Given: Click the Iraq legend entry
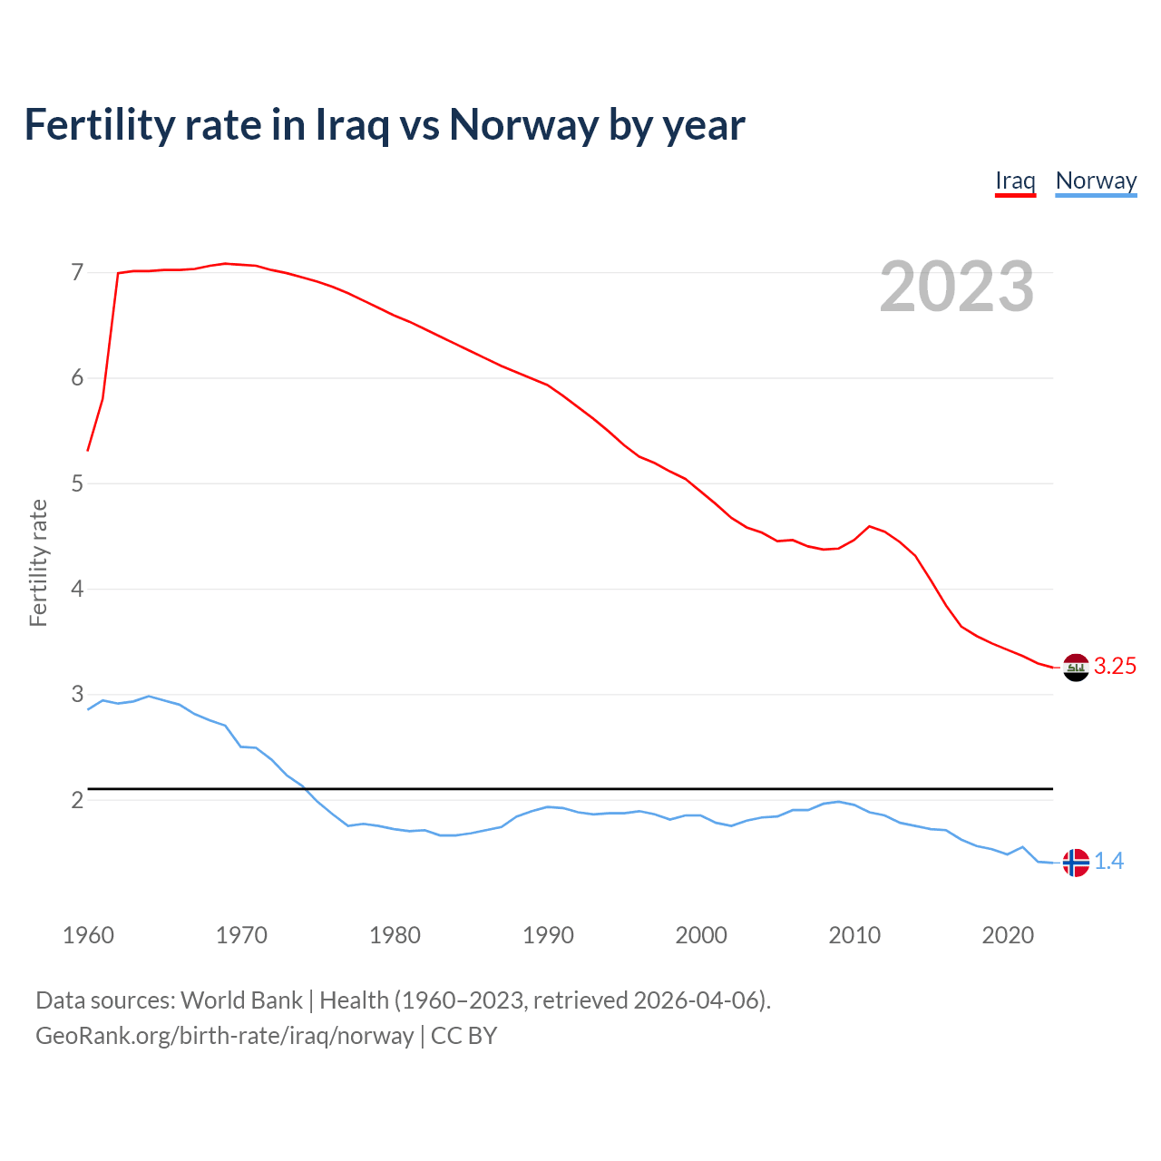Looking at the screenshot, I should [x=1015, y=180].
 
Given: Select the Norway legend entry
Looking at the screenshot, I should [x=1096, y=180].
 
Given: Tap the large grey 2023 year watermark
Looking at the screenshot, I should [x=957, y=287].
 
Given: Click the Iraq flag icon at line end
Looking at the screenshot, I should [x=1076, y=667].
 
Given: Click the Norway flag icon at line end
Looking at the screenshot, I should [x=1076, y=862].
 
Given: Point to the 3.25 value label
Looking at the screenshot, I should [x=1115, y=667].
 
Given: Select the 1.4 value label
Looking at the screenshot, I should [x=1108, y=862].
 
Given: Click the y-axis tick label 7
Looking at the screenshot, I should [x=77, y=273].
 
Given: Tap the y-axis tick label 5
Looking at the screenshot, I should [x=77, y=484].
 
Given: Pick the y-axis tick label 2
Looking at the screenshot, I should [x=77, y=801].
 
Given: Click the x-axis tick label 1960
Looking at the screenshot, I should [x=88, y=935].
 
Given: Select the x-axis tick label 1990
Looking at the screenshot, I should [x=548, y=935].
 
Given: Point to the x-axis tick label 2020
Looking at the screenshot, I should [x=1008, y=935].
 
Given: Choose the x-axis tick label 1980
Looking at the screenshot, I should [x=395, y=935].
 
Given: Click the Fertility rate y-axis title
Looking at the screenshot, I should [x=38, y=562].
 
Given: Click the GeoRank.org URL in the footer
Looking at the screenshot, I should [x=224, y=1035].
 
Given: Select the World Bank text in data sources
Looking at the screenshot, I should [x=241, y=1000].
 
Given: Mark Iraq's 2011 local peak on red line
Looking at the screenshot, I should [x=870, y=526].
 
